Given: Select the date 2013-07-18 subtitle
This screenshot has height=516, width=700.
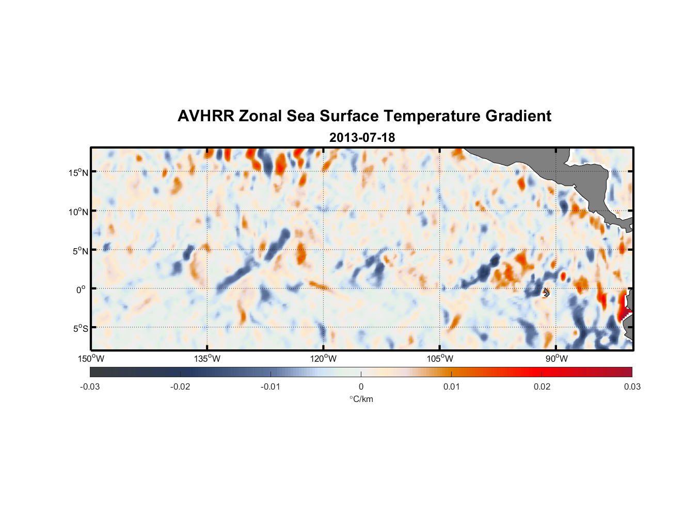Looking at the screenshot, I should pos(362,138).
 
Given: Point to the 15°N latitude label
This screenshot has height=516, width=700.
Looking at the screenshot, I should pos(78,172).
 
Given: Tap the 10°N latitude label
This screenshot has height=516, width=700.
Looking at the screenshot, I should pos(78,212).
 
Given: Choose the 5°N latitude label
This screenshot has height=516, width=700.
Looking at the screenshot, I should pos(80,251).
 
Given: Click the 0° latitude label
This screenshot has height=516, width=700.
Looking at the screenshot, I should pos(82,289).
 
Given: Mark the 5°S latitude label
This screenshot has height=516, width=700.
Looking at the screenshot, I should pos(79,329).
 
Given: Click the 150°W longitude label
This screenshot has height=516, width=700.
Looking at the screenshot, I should pos(91,359).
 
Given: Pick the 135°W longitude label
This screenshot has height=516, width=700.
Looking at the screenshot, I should pos(208,359).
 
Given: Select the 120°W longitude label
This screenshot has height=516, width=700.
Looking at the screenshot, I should pos(324,359).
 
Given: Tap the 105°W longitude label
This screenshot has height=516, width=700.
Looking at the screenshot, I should pos(440,359).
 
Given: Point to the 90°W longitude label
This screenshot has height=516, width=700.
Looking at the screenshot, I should pos(556,359).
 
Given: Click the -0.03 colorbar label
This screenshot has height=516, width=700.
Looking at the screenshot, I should pos(90,387).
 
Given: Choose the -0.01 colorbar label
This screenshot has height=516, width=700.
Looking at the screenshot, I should pos(270,387).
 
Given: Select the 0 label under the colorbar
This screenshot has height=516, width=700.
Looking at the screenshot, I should pos(361,387).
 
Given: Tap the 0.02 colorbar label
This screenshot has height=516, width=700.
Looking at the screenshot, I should pos(542,387).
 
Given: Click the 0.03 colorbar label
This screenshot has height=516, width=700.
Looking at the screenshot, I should pos(632,387).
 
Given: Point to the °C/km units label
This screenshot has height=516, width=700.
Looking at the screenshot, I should pos(361,399).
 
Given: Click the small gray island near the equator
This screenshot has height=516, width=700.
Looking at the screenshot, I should pos(546,293).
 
